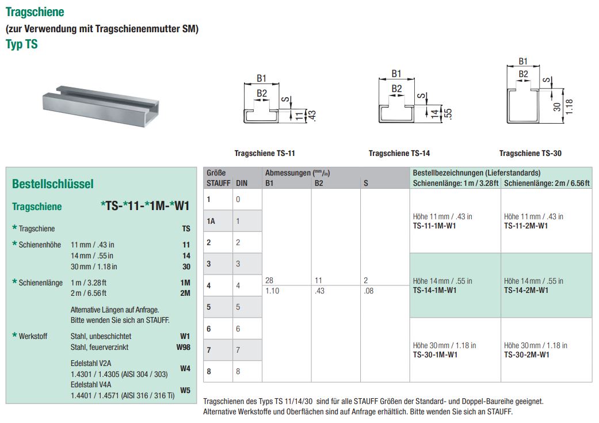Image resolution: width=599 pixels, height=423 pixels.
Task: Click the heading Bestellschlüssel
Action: (52, 184)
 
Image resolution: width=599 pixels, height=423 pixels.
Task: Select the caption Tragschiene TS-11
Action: (265, 154)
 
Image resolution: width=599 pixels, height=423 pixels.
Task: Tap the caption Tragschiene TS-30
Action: (530, 154)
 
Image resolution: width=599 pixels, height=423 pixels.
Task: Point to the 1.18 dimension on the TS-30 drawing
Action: (570, 106)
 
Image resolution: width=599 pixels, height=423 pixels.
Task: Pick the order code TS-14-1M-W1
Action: (434, 291)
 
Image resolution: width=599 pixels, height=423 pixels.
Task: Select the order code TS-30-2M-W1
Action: (526, 355)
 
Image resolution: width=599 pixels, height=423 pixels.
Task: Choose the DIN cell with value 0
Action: (238, 199)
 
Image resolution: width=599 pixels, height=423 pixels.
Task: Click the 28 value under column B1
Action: (269, 280)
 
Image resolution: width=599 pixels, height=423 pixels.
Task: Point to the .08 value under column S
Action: (369, 291)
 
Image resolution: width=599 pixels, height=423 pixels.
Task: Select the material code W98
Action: (183, 348)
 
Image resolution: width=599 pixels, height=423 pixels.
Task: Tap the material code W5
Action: (185, 390)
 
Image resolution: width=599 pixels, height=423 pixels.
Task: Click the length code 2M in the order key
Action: (185, 293)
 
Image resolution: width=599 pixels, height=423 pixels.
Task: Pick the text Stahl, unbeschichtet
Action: (101, 336)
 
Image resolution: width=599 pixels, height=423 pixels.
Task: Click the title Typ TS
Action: (22, 44)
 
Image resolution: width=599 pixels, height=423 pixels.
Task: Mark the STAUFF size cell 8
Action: (209, 372)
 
